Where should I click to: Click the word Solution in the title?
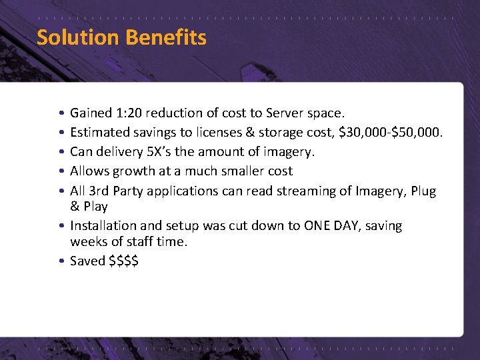(x=76, y=37)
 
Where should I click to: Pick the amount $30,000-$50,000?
(x=390, y=133)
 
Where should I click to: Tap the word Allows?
(x=89, y=171)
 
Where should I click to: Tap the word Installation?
(x=102, y=226)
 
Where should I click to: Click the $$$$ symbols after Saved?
(x=123, y=261)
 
